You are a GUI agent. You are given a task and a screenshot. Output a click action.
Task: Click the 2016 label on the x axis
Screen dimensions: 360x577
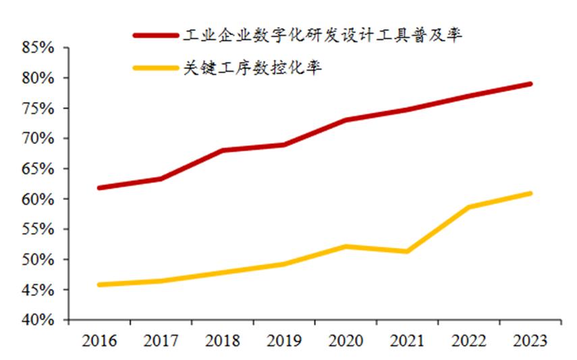pos(99,340)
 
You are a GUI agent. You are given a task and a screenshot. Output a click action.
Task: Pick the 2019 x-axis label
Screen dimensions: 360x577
pos(283,340)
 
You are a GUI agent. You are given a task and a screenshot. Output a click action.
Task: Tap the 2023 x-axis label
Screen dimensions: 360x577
pos(530,340)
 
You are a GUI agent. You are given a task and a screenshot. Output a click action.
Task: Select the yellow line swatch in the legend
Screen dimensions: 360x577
pos(155,68)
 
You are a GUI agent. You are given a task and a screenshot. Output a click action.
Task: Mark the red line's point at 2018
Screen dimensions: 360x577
pos(222,150)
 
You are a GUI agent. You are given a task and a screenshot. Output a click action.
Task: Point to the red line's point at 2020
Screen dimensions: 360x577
pos(345,120)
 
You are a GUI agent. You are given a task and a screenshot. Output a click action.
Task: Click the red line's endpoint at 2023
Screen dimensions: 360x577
pos(530,84)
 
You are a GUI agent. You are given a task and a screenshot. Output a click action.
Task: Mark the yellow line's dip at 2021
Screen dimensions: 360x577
pos(406,251)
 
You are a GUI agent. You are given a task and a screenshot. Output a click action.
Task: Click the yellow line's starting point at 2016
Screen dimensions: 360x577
pos(99,284)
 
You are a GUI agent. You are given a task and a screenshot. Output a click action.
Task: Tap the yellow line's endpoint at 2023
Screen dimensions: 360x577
pos(530,193)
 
